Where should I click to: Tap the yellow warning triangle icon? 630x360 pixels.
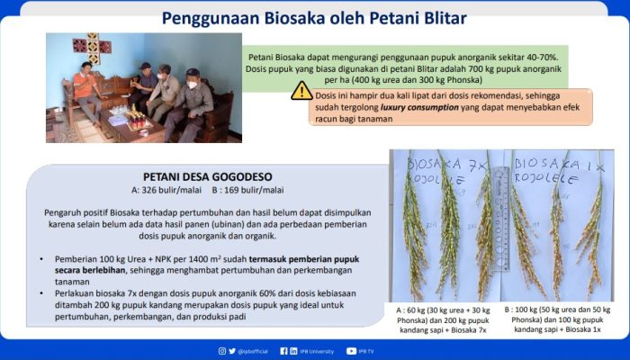pyautogui.click(x=301, y=91)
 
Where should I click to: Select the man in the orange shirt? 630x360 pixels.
pyautogui.click(x=87, y=90)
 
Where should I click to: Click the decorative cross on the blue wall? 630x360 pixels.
pyautogui.click(x=93, y=47)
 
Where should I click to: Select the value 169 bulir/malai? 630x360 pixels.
pyautogui.click(x=235, y=191)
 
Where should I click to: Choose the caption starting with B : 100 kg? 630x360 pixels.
pyautogui.click(x=559, y=319)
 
